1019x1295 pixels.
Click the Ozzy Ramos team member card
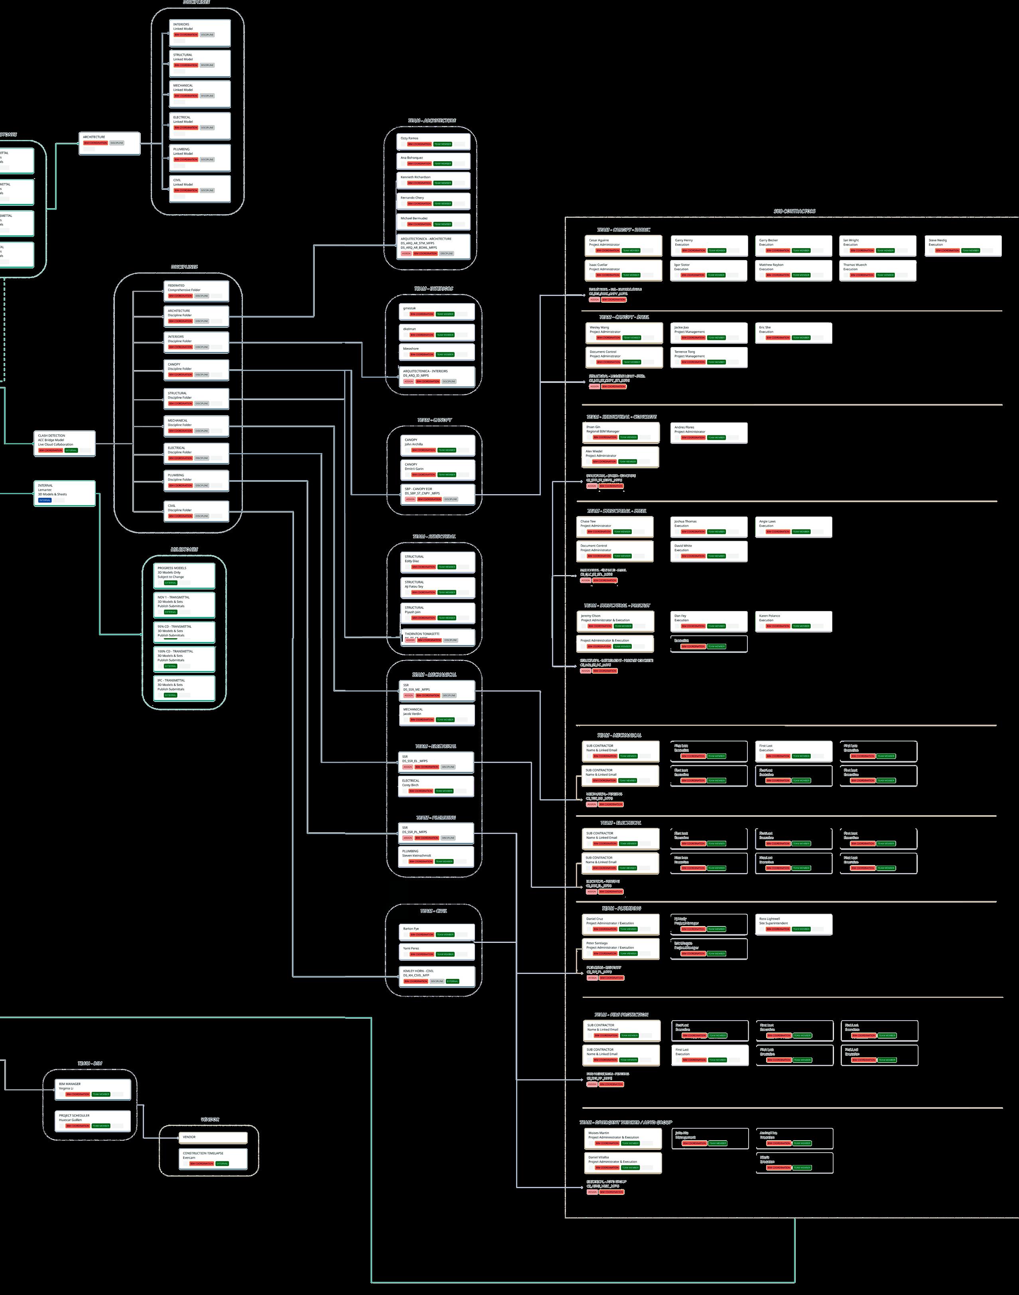(434, 141)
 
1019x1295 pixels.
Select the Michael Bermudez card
(434, 221)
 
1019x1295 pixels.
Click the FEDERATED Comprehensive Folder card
(196, 290)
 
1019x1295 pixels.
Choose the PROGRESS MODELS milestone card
(184, 576)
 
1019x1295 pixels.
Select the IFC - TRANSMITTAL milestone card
(184, 688)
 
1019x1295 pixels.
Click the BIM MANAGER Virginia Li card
(93, 1089)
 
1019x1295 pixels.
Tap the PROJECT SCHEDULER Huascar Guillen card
(93, 1120)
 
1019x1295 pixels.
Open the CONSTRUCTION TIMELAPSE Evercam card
(213, 1159)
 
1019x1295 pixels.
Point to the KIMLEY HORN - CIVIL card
(437, 976)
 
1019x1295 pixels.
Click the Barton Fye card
(437, 932)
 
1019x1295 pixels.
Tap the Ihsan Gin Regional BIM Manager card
(621, 432)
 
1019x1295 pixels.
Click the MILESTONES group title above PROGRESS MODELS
(184, 549)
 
